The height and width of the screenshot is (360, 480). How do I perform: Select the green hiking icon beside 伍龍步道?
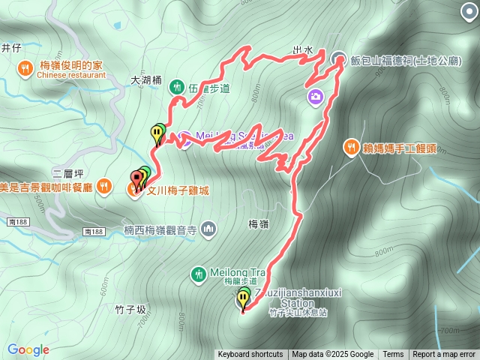(178, 87)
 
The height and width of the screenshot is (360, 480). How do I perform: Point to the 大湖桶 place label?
(145, 79)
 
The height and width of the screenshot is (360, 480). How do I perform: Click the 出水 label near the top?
(302, 50)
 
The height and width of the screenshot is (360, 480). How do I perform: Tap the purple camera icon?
(315, 96)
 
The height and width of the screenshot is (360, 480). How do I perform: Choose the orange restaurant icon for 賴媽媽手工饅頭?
(350, 147)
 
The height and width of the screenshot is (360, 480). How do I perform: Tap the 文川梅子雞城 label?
(177, 191)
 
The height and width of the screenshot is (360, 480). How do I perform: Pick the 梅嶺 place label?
(258, 223)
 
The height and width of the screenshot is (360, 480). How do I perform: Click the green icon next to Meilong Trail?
(199, 274)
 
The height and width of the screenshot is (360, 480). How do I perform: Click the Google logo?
(28, 349)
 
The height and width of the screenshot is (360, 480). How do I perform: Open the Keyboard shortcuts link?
(250, 355)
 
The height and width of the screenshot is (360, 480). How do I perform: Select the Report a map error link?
(445, 355)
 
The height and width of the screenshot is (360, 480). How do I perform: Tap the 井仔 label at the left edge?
(11, 48)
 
